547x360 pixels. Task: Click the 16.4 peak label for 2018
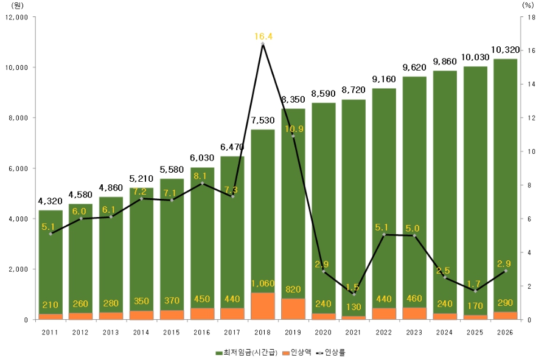263,36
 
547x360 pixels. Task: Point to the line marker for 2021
354,294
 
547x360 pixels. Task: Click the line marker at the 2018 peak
263,44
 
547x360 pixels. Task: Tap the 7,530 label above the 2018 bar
263,120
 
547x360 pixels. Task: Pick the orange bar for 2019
293,309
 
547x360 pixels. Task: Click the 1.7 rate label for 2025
475,283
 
